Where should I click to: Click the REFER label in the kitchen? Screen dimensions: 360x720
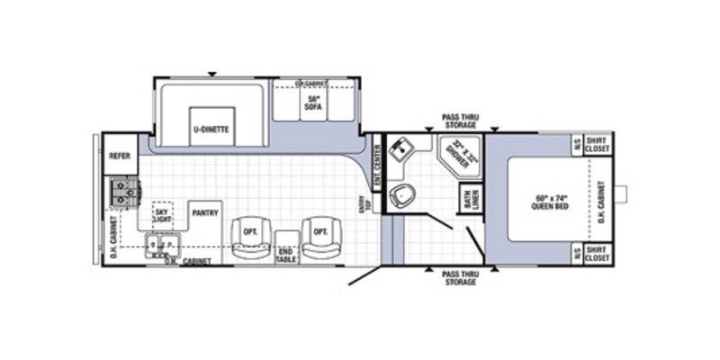coord(120,156)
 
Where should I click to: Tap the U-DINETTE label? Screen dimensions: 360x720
coord(211,129)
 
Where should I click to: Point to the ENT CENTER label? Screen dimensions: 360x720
coord(378,162)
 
